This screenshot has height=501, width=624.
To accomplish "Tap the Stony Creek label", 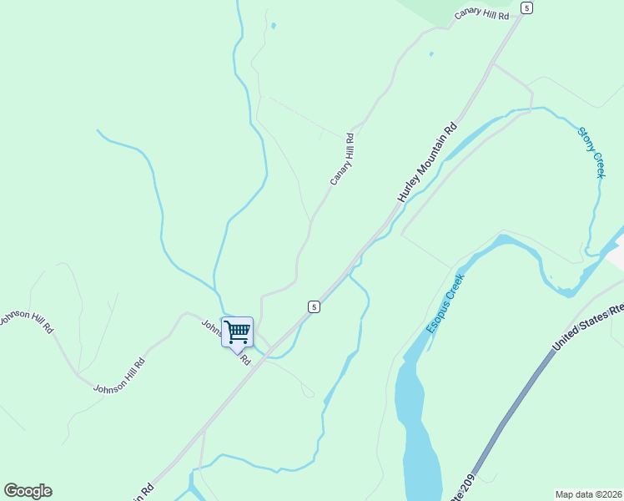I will click(591, 152).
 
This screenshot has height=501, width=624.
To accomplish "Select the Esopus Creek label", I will click(445, 301).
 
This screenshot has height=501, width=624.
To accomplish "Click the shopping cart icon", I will click(237, 331).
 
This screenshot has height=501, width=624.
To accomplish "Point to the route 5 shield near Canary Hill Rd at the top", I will click(526, 8).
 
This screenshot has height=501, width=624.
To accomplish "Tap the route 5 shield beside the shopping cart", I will click(313, 306).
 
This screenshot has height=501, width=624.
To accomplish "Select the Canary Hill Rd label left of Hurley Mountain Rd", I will click(342, 159).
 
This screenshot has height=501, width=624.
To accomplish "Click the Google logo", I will click(28, 491).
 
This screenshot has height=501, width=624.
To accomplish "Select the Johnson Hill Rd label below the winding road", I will click(118, 376).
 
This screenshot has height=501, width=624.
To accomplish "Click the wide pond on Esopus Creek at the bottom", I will click(417, 434).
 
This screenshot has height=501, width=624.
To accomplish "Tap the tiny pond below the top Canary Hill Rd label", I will click(430, 54).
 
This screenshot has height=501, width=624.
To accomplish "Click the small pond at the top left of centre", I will click(273, 26).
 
